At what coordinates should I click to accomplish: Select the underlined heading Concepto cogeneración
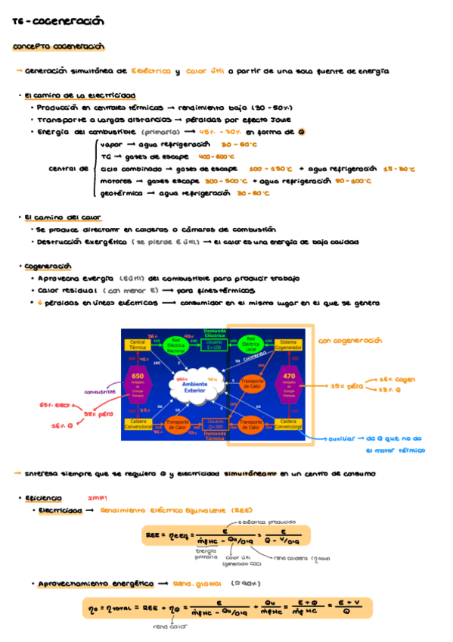(x=58, y=47)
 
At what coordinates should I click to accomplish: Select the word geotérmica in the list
(x=119, y=193)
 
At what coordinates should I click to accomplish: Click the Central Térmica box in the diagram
(x=138, y=344)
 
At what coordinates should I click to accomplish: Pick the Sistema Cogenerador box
(x=289, y=344)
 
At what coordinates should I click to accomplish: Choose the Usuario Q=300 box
(x=215, y=424)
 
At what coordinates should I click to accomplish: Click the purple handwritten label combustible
(x=100, y=391)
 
